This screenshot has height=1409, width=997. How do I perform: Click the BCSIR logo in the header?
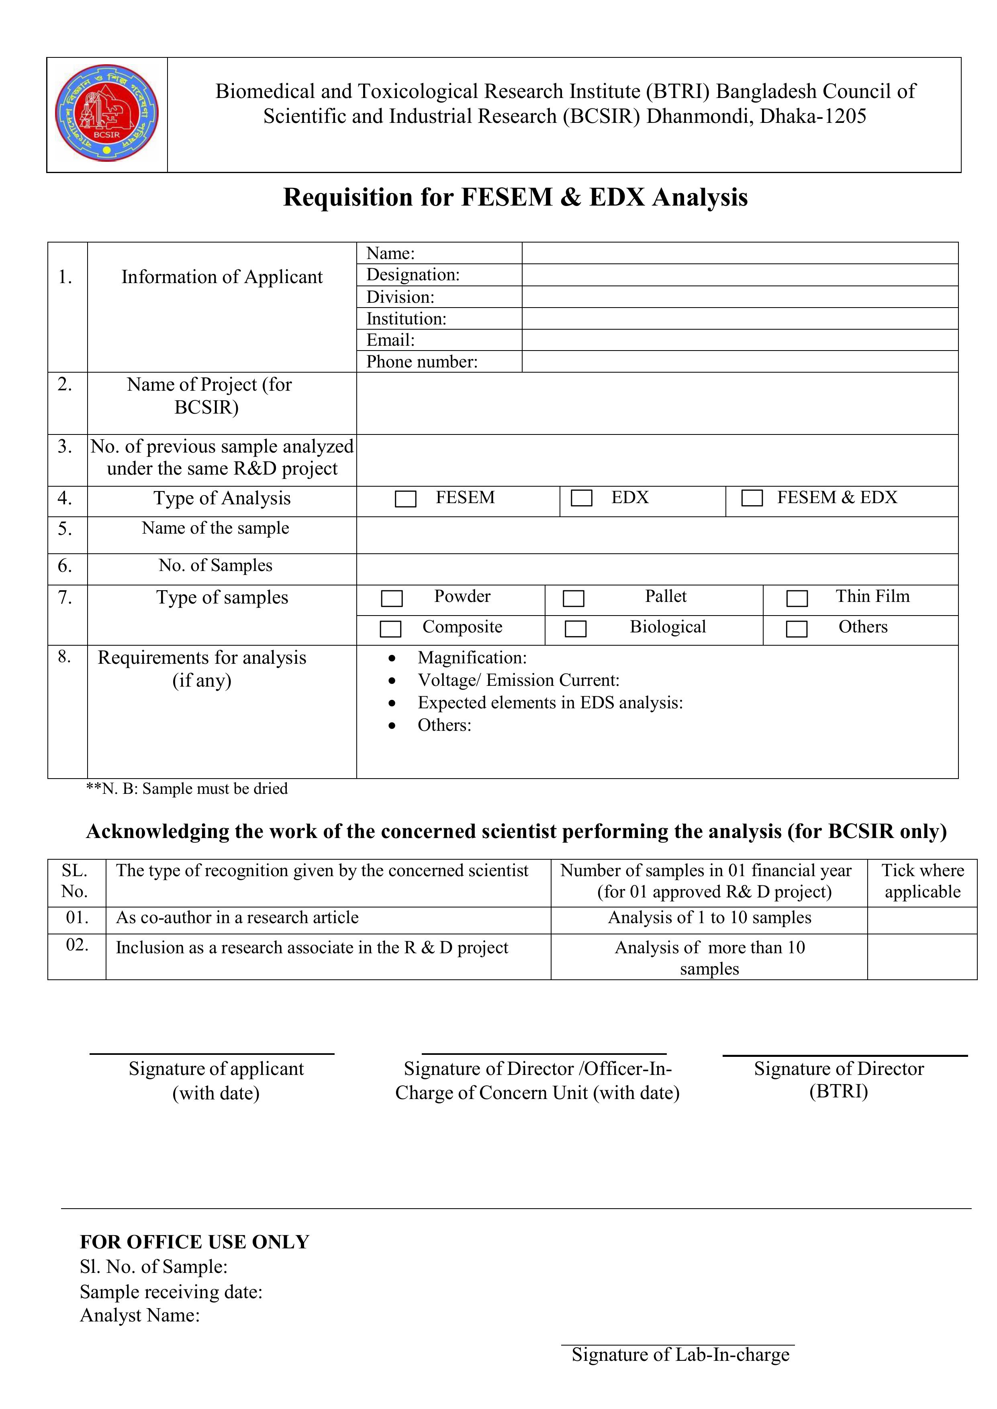click(107, 114)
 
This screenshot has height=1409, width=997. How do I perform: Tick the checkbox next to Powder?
click(392, 598)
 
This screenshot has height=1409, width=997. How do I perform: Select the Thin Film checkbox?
click(797, 598)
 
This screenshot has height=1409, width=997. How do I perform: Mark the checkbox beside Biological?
click(575, 628)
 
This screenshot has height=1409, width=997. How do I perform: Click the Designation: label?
click(413, 275)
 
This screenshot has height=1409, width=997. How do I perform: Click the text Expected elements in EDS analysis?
click(550, 703)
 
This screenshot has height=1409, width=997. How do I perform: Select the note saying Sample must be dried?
click(187, 789)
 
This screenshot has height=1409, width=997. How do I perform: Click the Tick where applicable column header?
click(922, 881)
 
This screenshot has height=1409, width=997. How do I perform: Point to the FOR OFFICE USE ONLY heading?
click(194, 1242)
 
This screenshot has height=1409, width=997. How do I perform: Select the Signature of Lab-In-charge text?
click(680, 1354)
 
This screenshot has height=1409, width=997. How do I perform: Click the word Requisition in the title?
click(348, 198)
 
